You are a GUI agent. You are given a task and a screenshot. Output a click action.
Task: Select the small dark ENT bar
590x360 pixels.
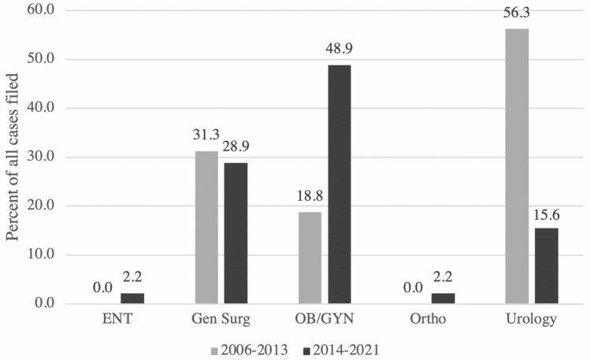click(132, 299)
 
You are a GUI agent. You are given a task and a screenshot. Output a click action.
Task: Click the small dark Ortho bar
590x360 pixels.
click(443, 299)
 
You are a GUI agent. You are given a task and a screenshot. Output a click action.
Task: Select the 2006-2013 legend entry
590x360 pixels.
click(251, 347)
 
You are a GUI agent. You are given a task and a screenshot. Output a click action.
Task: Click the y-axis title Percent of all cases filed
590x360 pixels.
click(13, 158)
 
